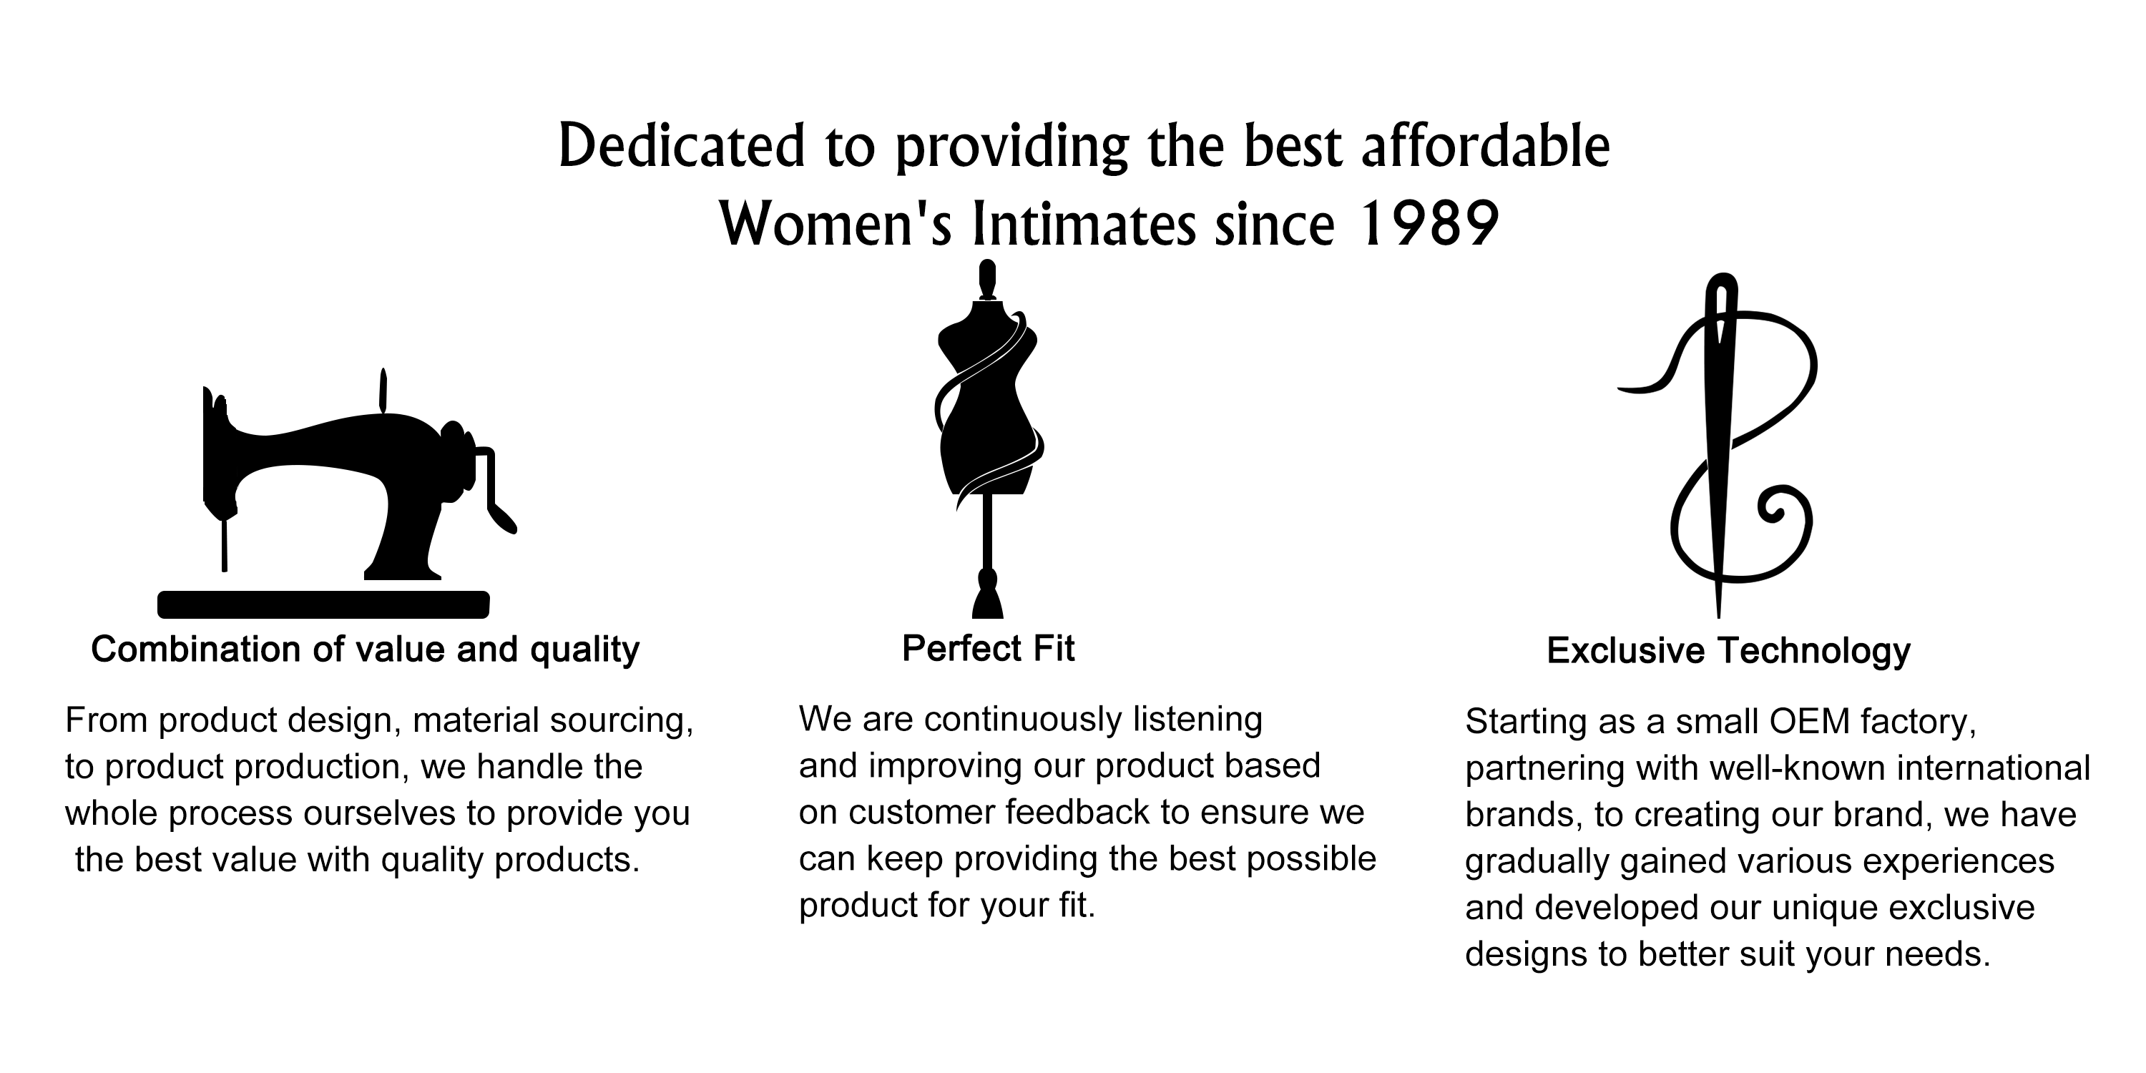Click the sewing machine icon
[x=338, y=493]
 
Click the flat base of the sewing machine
[x=323, y=604]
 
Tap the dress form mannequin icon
[x=988, y=439]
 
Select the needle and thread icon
[x=1718, y=446]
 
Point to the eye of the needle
[x=1720, y=320]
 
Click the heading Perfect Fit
[x=988, y=648]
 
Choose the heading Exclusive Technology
[x=1729, y=651]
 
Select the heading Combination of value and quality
[x=365, y=650]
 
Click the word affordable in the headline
[x=1485, y=145]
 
